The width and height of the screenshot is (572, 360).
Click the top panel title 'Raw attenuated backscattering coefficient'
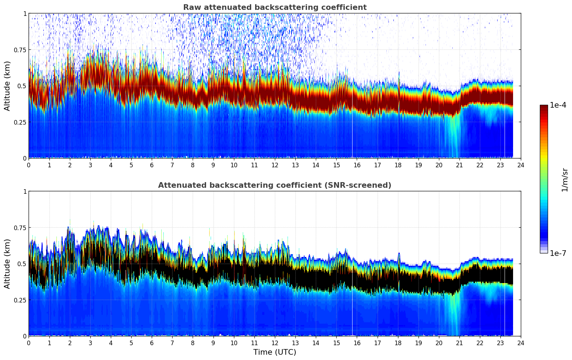tap(275, 7)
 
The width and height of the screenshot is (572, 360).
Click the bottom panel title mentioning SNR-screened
tap(275, 185)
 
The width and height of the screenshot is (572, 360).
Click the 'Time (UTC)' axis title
tap(275, 352)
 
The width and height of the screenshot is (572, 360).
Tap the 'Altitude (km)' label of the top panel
tap(7, 86)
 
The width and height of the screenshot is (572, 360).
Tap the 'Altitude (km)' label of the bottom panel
tap(7, 264)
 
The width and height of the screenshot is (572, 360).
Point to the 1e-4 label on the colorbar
tap(558, 105)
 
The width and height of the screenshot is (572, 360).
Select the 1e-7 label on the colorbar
tap(558, 253)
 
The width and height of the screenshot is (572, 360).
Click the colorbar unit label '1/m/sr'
tap(564, 180)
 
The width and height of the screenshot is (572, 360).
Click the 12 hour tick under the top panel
tap(275, 165)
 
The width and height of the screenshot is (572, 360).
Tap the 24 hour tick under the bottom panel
tap(521, 343)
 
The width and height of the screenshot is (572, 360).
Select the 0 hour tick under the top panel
tap(29, 165)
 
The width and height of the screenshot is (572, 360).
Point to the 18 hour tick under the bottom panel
tap(398, 343)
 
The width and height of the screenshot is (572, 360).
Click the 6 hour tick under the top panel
tap(152, 165)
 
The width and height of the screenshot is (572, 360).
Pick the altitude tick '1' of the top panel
tap(25, 13)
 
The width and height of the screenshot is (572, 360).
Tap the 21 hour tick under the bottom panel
tap(459, 343)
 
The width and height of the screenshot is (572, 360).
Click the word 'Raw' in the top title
tap(191, 7)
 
